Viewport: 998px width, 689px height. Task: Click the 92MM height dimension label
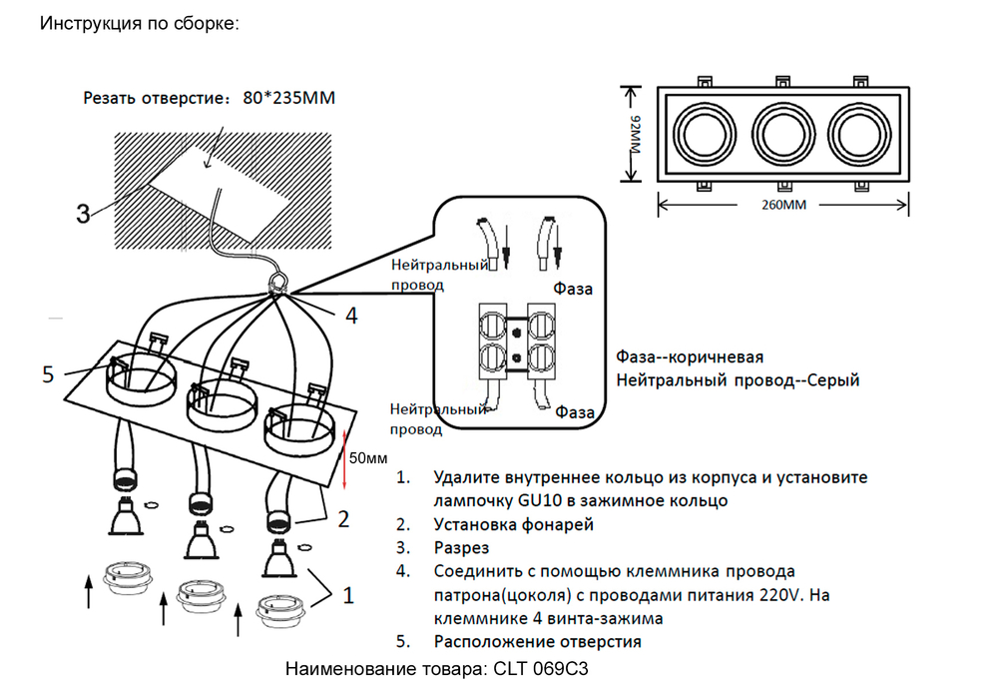click(635, 134)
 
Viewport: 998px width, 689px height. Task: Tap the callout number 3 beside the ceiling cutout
click(84, 213)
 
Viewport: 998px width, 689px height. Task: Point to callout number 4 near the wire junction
click(350, 317)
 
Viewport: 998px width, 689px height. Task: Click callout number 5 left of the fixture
click(48, 374)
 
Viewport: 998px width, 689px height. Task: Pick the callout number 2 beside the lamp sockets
click(342, 518)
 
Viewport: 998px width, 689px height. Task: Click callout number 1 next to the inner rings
click(347, 595)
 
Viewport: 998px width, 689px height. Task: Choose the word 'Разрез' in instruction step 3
click(462, 548)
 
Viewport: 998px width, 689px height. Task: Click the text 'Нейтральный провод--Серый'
click(738, 380)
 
